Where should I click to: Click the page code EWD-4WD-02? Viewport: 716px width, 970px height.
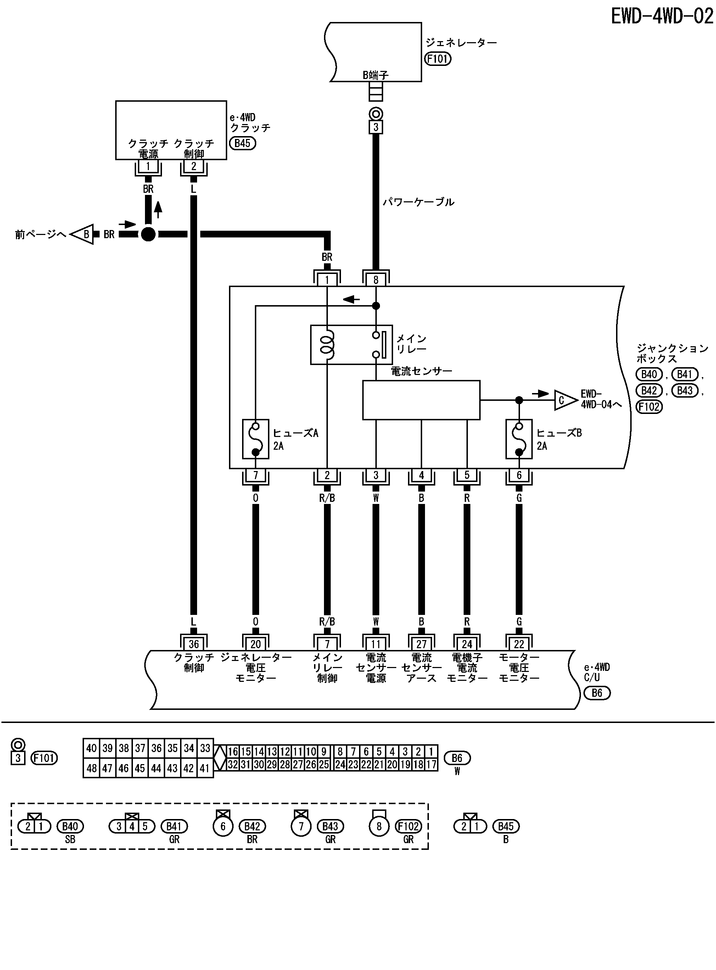662,16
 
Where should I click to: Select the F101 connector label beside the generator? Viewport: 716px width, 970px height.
438,58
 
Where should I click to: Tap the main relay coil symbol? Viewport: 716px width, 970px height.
327,345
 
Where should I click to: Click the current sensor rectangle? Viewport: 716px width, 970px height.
421,400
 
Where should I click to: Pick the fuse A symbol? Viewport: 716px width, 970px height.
255,439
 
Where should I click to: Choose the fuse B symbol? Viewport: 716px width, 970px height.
519,439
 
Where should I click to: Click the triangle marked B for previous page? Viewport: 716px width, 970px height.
84,234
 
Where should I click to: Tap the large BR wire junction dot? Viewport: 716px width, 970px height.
148,234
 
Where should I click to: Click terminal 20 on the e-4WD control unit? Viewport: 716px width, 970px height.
255,644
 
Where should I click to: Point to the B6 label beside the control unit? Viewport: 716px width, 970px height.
597,693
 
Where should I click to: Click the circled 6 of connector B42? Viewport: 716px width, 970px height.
223,826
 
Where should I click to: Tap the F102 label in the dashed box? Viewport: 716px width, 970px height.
408,826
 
